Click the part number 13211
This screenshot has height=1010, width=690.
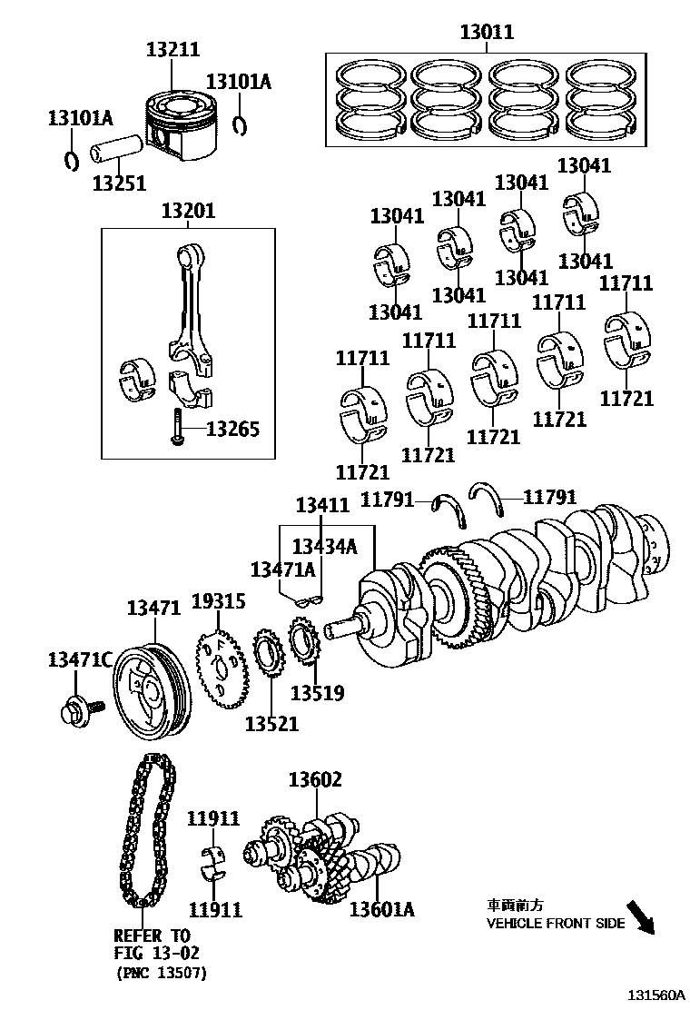coord(172,49)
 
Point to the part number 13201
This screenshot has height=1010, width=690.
coord(188,211)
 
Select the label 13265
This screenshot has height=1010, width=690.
coord(232,428)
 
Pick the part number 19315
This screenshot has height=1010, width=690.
coord(219,600)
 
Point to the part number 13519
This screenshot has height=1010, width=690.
coord(317,693)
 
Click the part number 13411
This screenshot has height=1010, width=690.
coord(322,505)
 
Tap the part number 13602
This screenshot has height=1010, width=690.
coord(316,778)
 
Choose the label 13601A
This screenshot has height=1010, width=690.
coord(381,908)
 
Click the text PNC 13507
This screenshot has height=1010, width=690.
coord(162,973)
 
